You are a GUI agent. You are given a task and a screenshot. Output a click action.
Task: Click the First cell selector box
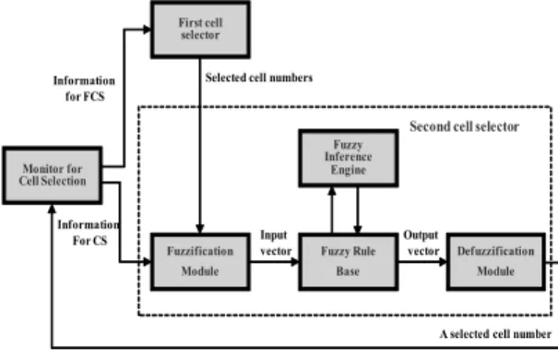[x=200, y=30]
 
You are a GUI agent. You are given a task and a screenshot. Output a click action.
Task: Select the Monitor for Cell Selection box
[x=53, y=175]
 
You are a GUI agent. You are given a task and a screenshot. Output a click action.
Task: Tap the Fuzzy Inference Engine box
[x=348, y=158]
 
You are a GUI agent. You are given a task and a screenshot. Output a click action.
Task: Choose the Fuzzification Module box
[x=200, y=262]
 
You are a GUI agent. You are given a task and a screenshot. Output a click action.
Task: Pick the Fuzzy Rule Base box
[x=348, y=262]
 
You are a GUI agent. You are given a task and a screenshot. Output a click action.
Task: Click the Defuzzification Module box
[x=495, y=262]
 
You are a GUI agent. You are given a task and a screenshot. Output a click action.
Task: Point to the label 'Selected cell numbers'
[x=259, y=78]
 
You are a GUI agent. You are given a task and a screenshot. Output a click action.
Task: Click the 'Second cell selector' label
[x=464, y=126]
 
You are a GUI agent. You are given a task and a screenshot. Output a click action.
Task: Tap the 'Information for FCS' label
[x=84, y=89]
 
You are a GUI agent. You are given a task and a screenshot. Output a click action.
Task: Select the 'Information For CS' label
[x=89, y=233]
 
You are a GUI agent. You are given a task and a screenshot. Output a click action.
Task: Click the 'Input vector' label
[x=276, y=243]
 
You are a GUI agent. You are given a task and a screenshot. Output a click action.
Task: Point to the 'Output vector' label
[x=421, y=243]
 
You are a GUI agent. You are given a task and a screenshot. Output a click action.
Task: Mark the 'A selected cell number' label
[x=495, y=334]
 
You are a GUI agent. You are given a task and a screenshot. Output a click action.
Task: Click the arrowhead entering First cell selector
[x=148, y=30]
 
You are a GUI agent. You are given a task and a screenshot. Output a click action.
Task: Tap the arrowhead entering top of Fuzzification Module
[x=200, y=229]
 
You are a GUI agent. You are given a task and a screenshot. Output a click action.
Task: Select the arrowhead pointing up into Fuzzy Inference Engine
[x=332, y=191]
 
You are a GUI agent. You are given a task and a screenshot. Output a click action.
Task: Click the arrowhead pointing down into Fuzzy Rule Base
[x=358, y=229]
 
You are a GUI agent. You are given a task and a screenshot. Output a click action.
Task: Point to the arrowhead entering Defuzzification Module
[x=443, y=262]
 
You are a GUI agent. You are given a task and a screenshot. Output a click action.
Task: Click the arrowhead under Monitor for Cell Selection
[x=52, y=209]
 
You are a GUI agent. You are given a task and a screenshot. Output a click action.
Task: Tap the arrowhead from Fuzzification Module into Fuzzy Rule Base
[x=294, y=262]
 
